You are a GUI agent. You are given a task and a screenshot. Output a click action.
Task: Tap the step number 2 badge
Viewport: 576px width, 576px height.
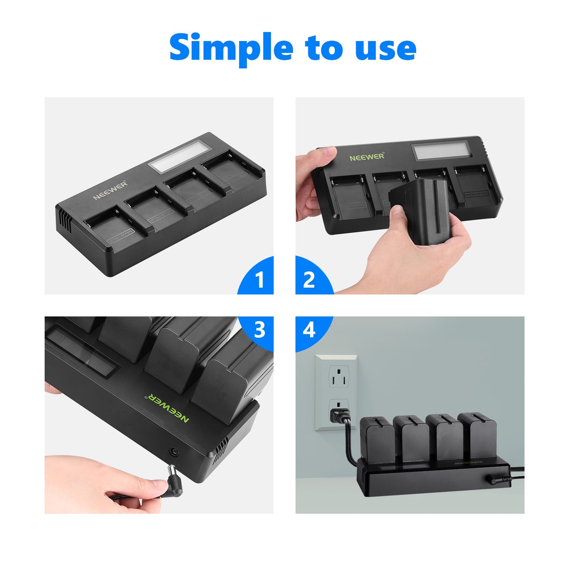coord(309,279)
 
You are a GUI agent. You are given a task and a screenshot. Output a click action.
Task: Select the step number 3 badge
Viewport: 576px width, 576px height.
coord(260,330)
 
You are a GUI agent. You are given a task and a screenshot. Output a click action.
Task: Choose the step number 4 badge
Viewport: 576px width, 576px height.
coord(309,330)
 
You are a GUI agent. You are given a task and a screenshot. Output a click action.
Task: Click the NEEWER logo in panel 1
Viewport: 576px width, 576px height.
coord(110,190)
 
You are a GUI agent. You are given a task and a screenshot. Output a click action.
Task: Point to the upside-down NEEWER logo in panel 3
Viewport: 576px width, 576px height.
coord(166,409)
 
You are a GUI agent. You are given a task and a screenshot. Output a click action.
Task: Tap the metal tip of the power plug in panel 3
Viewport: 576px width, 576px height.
coord(172,470)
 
